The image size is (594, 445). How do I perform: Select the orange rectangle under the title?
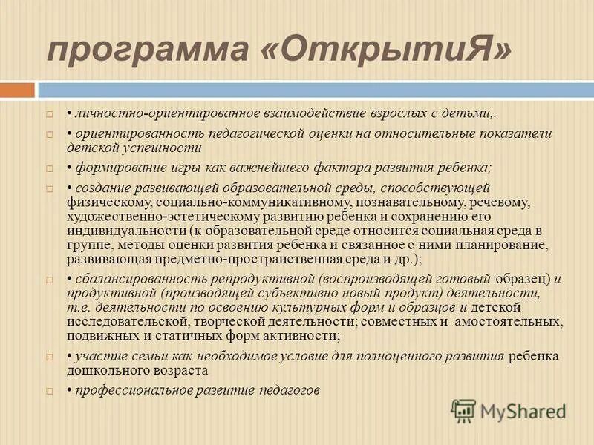(17, 90)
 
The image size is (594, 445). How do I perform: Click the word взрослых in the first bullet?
(394, 115)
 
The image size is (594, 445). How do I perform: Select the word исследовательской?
(127, 322)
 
